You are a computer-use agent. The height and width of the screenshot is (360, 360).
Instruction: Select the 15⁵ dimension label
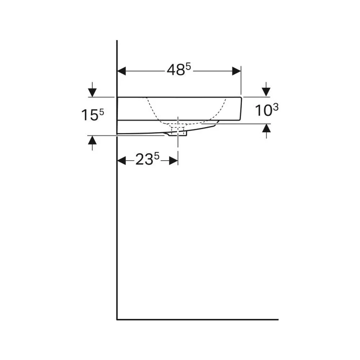[x=93, y=114]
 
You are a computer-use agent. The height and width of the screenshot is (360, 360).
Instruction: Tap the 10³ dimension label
[x=267, y=110]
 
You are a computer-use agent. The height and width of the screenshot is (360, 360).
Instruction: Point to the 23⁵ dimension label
[x=147, y=159]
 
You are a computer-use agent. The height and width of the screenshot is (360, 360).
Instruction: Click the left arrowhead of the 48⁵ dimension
[x=122, y=71]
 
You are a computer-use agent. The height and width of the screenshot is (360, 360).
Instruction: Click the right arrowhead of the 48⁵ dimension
[x=237, y=71]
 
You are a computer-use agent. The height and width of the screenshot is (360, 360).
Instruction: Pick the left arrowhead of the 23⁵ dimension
[x=122, y=161]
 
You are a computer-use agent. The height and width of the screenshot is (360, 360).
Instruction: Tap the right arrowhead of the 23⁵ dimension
[x=174, y=161]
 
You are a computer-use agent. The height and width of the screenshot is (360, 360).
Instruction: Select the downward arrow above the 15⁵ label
[x=92, y=89]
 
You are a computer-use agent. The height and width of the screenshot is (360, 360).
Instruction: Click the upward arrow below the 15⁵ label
[x=92, y=143]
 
